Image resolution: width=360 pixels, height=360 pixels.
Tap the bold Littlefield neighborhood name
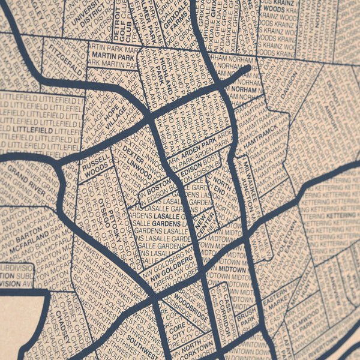tap(25, 128)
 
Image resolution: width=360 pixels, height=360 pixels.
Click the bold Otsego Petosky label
tap(110, 220)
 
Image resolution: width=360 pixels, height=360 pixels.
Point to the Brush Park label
tap(246, 318)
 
